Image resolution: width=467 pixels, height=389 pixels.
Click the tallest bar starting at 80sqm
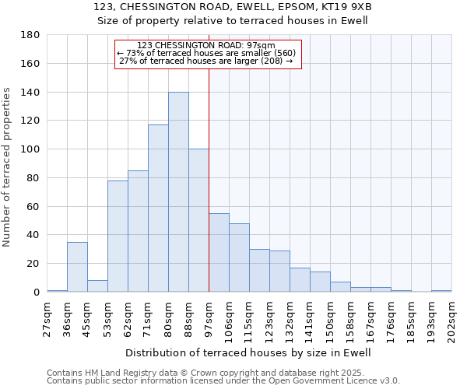[x=178, y=192]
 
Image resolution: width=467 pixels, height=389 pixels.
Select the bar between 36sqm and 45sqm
[x=77, y=267]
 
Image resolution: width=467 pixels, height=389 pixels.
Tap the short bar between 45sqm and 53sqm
[x=97, y=286]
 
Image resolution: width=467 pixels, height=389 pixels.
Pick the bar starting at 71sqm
[x=158, y=209]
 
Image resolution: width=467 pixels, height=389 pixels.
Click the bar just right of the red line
[x=219, y=253]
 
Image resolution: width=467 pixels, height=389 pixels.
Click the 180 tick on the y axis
[x=30, y=35]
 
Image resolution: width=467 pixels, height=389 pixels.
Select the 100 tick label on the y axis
[x=30, y=149]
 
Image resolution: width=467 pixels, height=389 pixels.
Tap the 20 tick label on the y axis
[x=33, y=264]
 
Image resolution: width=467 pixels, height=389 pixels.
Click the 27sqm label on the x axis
[x=47, y=316]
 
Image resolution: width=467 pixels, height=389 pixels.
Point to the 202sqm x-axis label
[x=452, y=318]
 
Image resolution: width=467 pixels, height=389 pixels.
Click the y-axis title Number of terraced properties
[x=7, y=167]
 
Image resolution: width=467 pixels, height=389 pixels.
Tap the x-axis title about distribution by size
[x=249, y=352]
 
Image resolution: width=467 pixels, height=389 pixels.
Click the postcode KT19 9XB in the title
[x=345, y=7]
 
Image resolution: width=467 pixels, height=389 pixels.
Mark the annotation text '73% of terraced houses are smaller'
[x=210, y=53]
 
